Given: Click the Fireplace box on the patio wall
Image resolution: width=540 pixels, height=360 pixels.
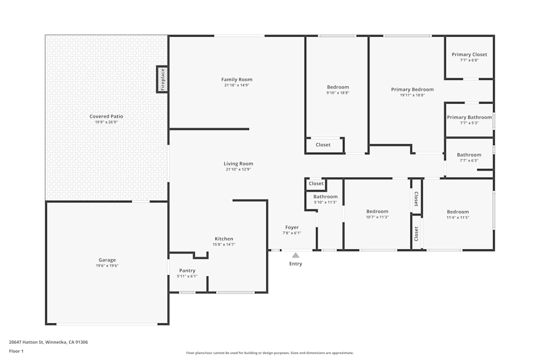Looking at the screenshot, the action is point(163,79).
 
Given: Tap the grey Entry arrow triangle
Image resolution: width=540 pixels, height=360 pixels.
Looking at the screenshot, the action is point(295,255).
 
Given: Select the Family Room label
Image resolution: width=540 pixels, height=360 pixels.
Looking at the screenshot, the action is point(237,79).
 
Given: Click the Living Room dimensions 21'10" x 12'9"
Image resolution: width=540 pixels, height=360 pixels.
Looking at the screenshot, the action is point(238,169).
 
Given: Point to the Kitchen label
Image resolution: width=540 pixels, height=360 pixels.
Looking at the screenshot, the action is point(224,239).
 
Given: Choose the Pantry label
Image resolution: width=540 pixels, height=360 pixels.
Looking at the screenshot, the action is point(187,271).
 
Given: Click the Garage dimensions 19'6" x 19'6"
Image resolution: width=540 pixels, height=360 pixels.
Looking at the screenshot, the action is point(107,266).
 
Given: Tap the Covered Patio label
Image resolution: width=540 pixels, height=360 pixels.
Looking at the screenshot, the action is point(106,117).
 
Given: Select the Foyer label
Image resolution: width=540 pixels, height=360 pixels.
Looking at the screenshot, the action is point(292,227).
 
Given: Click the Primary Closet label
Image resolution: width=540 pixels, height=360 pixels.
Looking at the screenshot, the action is point(469,55).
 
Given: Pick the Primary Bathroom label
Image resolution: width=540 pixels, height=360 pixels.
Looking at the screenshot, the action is point(469,117).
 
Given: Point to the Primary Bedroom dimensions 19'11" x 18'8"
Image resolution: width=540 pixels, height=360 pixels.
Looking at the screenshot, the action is point(412,96).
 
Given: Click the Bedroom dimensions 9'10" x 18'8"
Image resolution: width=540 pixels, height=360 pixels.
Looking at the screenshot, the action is point(338,93).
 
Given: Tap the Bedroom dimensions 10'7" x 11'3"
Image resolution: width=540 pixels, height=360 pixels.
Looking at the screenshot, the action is point(377,217).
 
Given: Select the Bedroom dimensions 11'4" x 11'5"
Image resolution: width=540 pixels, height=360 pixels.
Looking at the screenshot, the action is point(458,218).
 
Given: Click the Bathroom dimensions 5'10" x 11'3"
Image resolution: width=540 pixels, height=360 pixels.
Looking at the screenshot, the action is point(326,202).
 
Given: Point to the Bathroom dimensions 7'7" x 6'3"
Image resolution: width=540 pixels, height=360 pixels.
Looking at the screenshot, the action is point(469,160).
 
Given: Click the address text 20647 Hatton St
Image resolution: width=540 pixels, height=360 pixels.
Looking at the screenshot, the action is point(26,342).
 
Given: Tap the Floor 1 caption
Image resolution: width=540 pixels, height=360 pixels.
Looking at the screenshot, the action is point(16,351).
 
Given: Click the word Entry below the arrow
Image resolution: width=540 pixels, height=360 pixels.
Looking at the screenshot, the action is point(295,264).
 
